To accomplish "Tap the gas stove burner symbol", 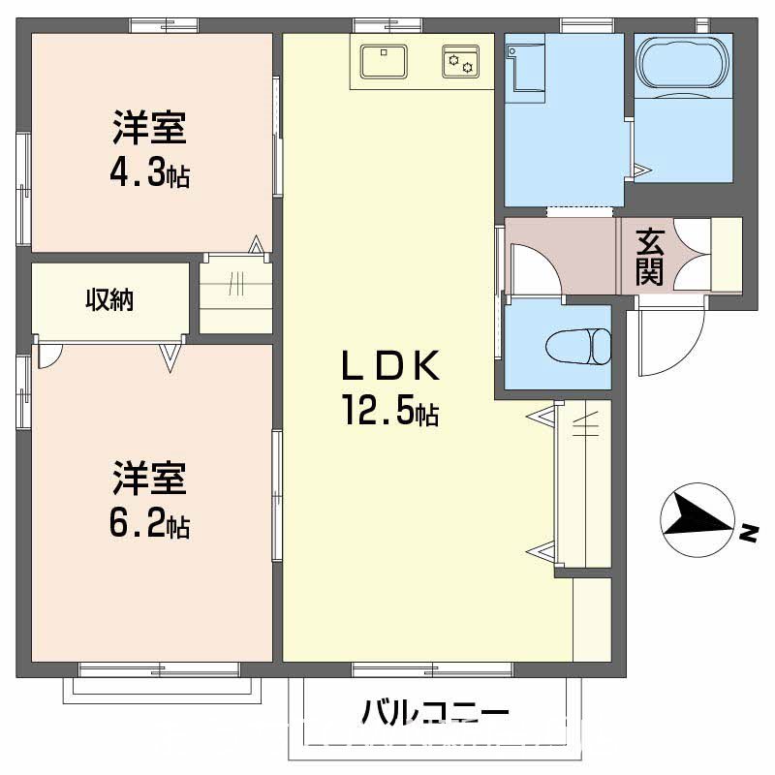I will point(460,62).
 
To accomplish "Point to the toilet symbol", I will point(579,346).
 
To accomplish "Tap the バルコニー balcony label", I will point(435,715).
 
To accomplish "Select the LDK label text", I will point(389,368).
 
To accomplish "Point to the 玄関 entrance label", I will point(649,256).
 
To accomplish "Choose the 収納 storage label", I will point(109,300).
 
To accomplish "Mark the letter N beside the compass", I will point(749,533).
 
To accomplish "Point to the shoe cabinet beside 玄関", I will point(727,255).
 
